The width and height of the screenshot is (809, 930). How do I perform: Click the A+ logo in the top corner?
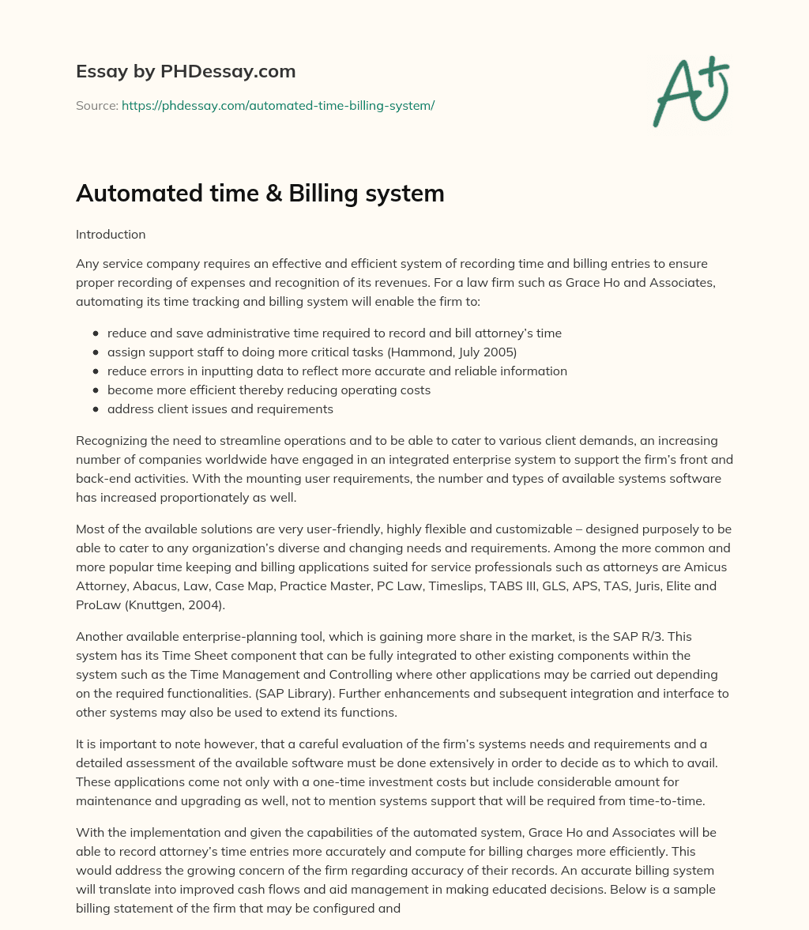[x=690, y=92]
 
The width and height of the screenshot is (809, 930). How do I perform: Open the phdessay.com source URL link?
[x=278, y=105]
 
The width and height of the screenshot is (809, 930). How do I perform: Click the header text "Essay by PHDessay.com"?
[x=186, y=72]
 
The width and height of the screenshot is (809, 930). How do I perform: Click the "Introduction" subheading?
[x=111, y=235]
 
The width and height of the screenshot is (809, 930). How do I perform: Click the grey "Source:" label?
[x=97, y=105]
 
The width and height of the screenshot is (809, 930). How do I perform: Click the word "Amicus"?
[x=706, y=567]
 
